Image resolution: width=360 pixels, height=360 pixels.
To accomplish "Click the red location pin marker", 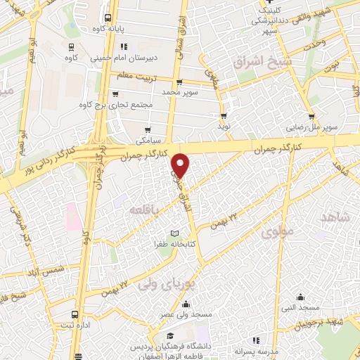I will click(x=181, y=165).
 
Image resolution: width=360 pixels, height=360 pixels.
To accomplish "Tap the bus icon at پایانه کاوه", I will click(x=107, y=19).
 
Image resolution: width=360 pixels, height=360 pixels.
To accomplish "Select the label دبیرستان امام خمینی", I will click(x=118, y=60).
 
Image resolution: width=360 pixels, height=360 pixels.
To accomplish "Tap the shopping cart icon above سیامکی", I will click(x=148, y=130).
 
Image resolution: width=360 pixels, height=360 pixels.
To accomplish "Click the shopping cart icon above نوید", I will click(x=224, y=116).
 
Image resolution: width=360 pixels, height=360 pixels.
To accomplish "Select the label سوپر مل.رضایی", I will click(x=311, y=129).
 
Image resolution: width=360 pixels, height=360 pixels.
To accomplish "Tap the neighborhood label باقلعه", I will click(x=143, y=209).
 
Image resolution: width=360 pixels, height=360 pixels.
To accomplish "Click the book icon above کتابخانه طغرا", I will click(x=175, y=233).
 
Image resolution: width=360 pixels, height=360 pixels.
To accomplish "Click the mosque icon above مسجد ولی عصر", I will click(x=186, y=304).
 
